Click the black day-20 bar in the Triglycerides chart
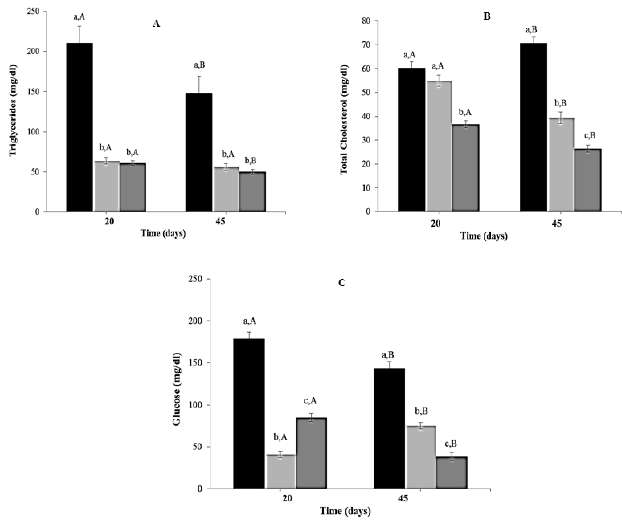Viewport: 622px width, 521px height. (79, 127)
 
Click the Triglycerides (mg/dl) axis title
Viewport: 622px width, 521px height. (13, 110)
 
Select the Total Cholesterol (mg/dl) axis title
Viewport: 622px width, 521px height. (344, 120)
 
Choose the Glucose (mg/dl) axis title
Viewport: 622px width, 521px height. (177, 389)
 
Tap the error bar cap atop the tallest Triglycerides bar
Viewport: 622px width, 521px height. (79, 26)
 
